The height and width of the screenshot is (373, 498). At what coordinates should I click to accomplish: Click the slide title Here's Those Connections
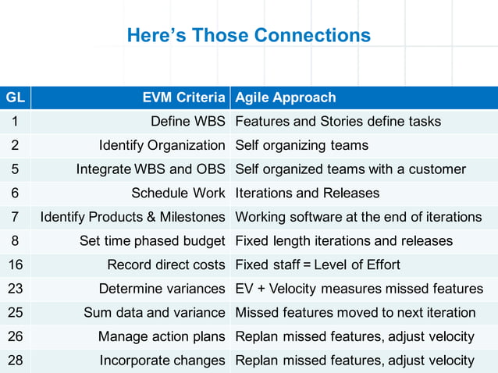coord(248,36)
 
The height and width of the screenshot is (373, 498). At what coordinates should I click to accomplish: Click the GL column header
coord(15,98)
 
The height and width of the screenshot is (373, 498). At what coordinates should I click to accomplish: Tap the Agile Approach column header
coord(286,98)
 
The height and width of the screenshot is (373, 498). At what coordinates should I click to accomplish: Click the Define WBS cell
coord(187,122)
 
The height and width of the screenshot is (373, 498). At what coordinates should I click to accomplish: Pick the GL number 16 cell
coord(15,265)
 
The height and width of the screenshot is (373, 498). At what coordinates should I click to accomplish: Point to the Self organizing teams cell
coord(301,145)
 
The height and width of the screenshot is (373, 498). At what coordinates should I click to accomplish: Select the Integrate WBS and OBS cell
coord(151,169)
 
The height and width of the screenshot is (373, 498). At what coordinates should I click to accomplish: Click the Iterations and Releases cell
coord(307,193)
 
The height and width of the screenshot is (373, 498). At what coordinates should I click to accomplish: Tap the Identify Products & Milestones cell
coord(133,217)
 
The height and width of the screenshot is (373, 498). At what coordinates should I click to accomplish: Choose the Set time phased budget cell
coord(152,241)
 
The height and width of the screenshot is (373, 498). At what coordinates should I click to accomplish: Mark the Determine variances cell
coord(162,289)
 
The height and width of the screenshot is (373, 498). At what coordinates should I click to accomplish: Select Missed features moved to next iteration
coord(355,312)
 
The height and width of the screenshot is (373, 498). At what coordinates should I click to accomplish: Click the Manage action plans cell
coord(162,336)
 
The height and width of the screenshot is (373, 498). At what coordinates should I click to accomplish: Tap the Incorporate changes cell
coord(162,361)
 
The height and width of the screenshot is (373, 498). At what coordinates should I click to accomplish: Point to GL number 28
coord(15,361)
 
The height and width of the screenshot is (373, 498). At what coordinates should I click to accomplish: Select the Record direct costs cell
coord(166,265)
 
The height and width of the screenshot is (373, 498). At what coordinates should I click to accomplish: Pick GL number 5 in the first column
coord(15,169)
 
